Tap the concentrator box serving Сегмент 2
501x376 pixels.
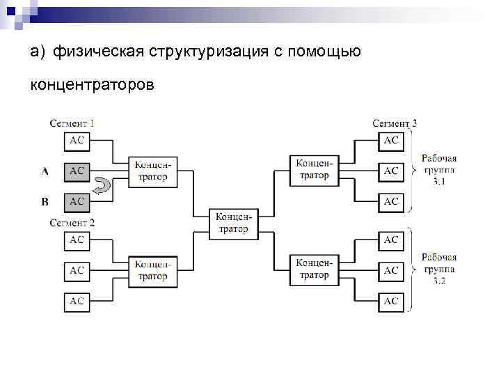click(x=152, y=271)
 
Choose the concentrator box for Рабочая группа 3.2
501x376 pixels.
click(x=314, y=269)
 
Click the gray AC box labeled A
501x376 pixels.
click(x=77, y=171)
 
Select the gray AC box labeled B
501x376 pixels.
click(x=77, y=201)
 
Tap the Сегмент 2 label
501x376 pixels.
click(x=72, y=223)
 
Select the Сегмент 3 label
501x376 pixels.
click(x=395, y=123)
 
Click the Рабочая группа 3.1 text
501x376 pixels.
click(x=439, y=170)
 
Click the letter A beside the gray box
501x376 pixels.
click(x=45, y=171)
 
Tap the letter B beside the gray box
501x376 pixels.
click(x=45, y=202)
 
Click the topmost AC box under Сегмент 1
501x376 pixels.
click(x=77, y=140)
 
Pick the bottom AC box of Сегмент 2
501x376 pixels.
click(x=77, y=301)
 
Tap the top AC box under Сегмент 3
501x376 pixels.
click(x=391, y=140)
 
